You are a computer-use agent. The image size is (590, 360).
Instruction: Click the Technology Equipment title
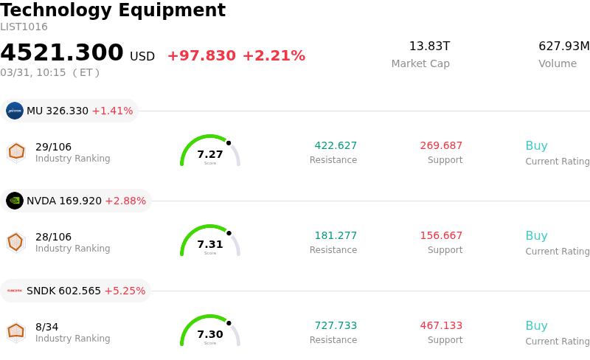click(113, 10)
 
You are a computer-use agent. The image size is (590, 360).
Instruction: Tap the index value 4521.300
click(62, 53)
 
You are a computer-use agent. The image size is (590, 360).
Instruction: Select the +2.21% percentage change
click(274, 56)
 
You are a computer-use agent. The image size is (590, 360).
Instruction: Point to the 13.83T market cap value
click(429, 46)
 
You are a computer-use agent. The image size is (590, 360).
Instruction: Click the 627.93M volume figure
click(564, 46)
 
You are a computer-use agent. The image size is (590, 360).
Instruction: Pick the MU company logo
click(15, 111)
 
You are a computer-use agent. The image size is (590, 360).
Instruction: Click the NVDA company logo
click(15, 201)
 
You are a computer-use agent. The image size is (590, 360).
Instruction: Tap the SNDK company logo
click(15, 291)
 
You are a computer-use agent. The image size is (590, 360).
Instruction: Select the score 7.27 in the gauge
click(210, 154)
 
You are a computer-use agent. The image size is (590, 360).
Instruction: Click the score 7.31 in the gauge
click(210, 244)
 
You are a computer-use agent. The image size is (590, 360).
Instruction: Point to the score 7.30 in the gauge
click(210, 334)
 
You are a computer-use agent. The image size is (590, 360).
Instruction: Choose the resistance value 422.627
click(336, 146)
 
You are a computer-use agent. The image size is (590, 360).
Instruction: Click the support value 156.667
click(441, 236)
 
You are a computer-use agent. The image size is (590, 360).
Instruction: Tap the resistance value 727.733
click(336, 326)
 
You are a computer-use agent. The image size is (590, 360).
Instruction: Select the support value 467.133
click(441, 326)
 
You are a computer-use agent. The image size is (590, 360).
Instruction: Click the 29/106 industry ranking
click(53, 147)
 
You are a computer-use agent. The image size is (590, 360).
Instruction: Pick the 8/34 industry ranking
click(46, 327)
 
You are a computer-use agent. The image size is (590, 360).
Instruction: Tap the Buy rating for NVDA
click(536, 236)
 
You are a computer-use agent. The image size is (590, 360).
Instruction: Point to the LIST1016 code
click(24, 27)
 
